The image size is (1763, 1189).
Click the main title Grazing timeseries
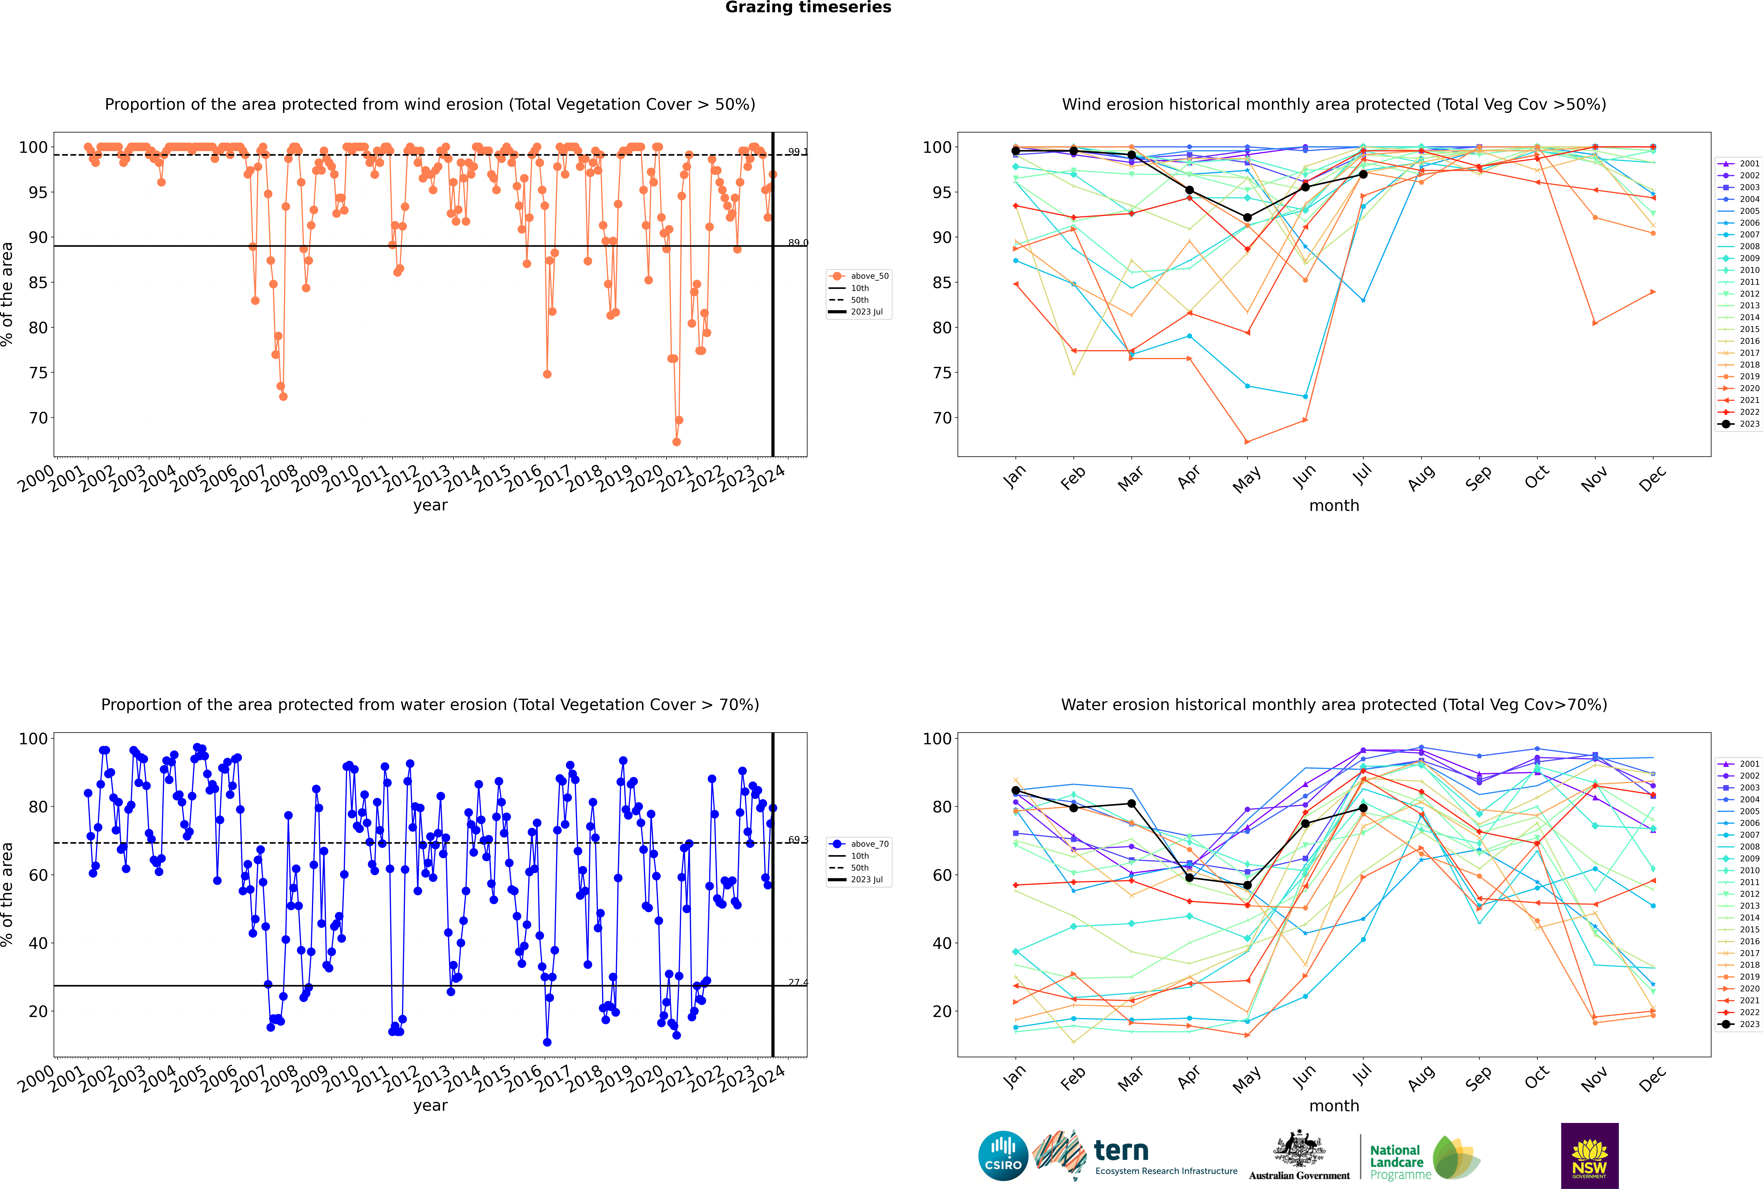[x=808, y=8]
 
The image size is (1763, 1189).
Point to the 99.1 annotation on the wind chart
[x=797, y=152]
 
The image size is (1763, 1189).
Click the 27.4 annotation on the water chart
[x=797, y=983]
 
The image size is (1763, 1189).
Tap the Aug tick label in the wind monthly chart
[x=1420, y=478]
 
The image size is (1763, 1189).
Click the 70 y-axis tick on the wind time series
[x=38, y=418]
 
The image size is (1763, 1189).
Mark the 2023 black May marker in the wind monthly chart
[x=1247, y=218]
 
